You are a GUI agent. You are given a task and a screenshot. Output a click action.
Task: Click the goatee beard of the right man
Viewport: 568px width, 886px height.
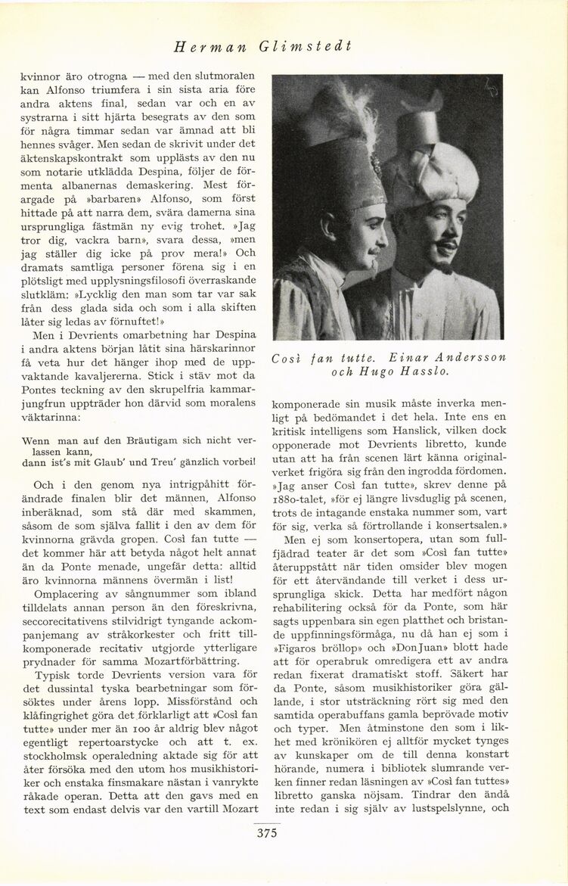coord(440,266)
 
